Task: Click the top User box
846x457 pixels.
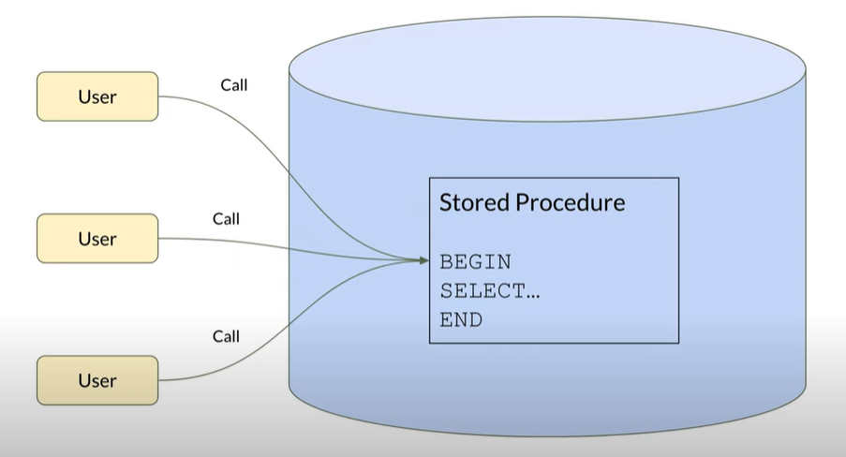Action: coord(97,96)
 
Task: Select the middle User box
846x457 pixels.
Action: coord(97,238)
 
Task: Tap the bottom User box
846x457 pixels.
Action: coord(97,380)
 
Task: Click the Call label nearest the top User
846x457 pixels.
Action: coord(234,85)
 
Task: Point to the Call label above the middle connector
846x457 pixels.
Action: coord(226,219)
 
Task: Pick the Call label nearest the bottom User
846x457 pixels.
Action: coord(226,336)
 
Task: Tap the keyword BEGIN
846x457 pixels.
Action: coord(476,262)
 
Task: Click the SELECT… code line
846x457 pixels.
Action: coord(490,291)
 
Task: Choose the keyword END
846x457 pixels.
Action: coord(461,320)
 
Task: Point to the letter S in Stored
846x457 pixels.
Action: coord(446,203)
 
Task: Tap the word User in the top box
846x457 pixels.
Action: coord(97,96)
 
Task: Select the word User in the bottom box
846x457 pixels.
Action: coord(97,380)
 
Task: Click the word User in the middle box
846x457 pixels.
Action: coord(97,238)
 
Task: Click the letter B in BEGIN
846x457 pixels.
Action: coord(446,262)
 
